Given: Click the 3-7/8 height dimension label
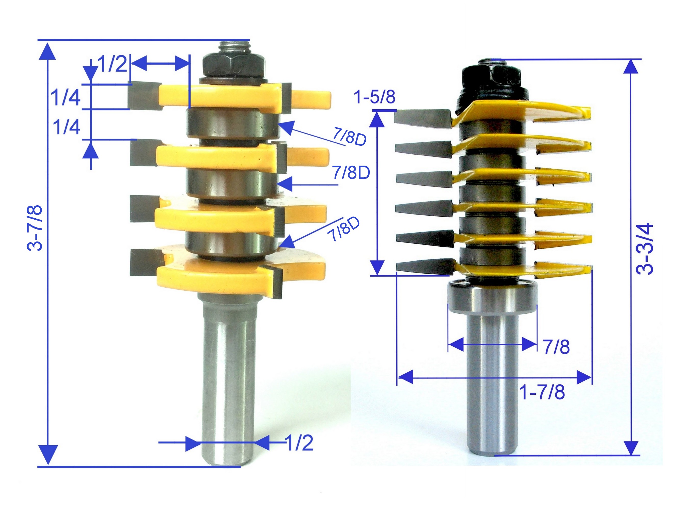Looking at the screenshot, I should [x=35, y=228].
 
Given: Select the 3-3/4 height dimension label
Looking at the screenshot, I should [x=644, y=249].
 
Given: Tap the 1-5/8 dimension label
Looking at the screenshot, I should [x=374, y=97].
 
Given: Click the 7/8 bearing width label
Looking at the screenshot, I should [x=556, y=347].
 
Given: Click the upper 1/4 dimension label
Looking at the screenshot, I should [x=65, y=97].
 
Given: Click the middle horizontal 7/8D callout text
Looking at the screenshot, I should [x=351, y=173].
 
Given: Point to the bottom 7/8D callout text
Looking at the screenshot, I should [x=343, y=229].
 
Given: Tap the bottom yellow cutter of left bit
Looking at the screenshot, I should [x=211, y=277].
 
